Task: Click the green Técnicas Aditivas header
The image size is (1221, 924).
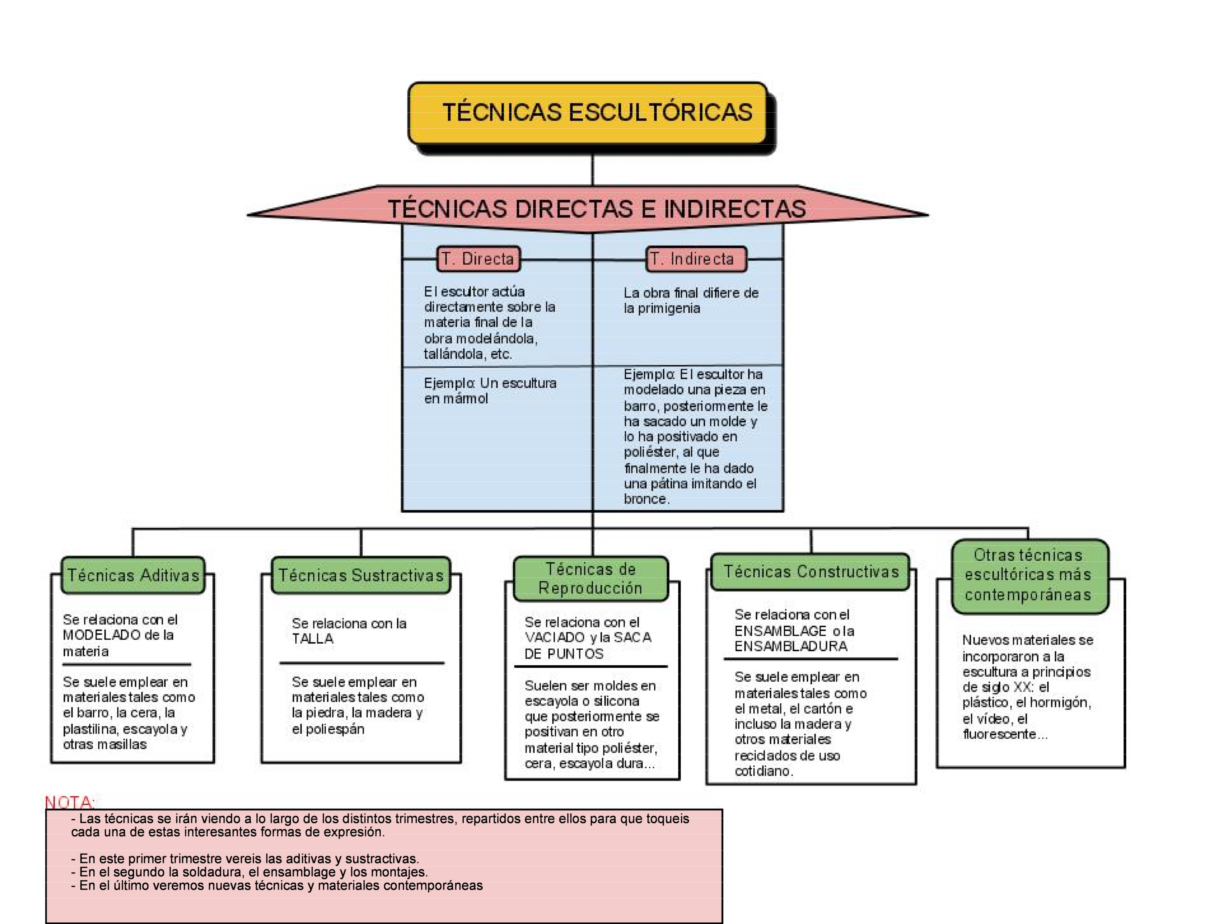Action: [133, 575]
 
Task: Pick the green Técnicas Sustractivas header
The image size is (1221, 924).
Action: [361, 575]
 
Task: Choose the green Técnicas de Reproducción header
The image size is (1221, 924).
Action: [590, 578]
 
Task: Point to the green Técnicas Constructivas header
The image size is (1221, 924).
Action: [810, 572]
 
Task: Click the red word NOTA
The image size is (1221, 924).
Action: [69, 802]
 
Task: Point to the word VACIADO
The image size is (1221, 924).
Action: [555, 638]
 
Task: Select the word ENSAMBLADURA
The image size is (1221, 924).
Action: [791, 646]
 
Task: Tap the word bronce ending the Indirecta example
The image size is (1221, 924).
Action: [646, 499]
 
